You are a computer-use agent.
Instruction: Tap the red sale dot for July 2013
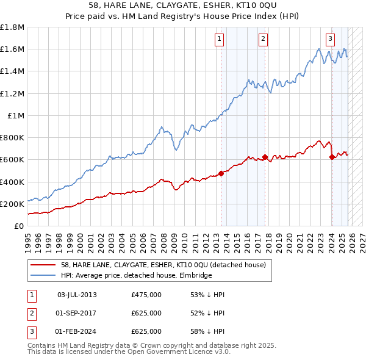coord(221,173)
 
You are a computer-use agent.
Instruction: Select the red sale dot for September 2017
coord(265,157)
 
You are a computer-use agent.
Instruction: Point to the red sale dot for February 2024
coord(332,157)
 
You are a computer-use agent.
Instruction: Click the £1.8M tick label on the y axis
coord(12,27)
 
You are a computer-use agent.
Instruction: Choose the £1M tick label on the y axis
coord(16,115)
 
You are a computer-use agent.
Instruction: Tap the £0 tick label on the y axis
coord(20,226)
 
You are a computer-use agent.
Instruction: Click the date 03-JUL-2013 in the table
coord(76,295)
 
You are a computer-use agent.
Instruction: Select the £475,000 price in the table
coord(146,295)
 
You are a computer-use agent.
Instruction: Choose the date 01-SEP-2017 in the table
coord(76,313)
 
